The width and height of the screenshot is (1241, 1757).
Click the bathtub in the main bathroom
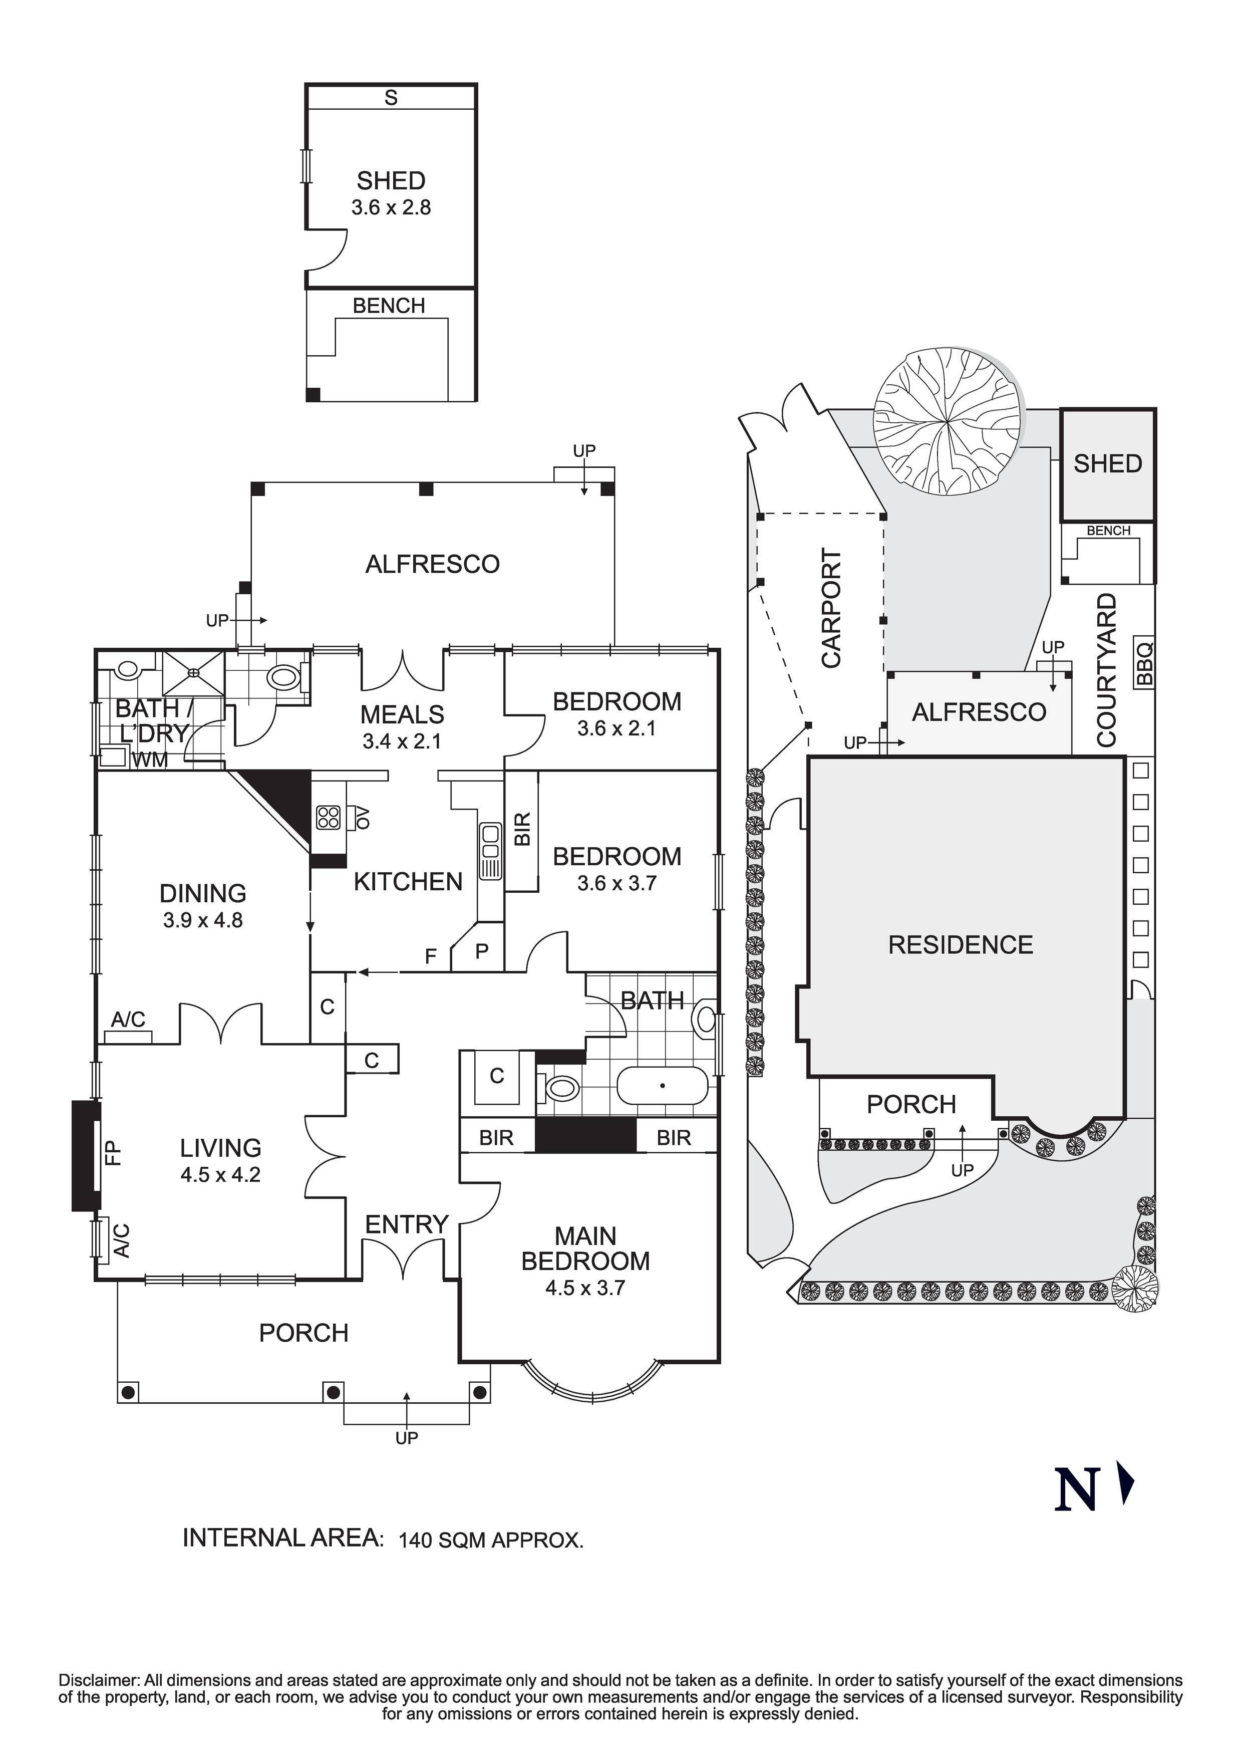click(663, 1085)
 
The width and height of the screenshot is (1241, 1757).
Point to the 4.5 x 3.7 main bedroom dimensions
click(585, 1288)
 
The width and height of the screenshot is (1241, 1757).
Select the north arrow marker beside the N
click(1126, 1484)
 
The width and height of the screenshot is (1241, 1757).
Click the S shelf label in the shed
click(391, 97)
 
